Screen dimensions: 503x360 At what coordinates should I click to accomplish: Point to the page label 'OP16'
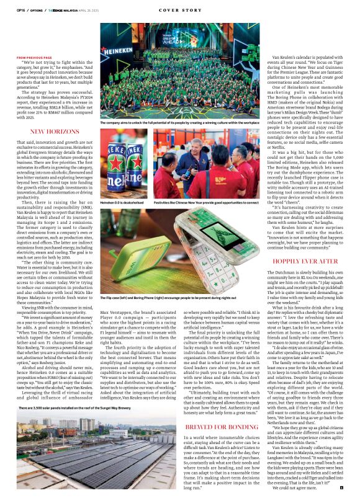22,11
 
